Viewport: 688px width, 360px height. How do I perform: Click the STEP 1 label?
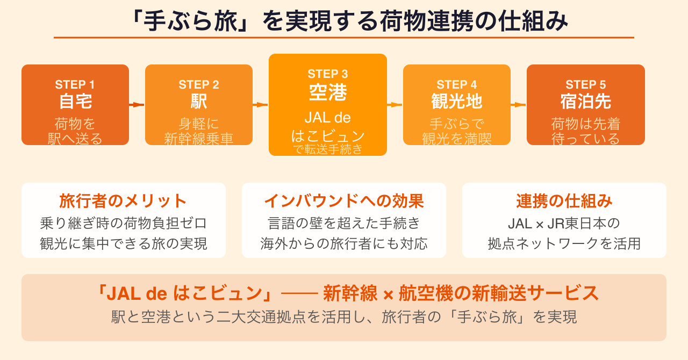75,85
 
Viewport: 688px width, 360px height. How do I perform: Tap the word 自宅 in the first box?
75,102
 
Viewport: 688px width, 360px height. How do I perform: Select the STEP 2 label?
198,85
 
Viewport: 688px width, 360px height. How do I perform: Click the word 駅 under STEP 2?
198,102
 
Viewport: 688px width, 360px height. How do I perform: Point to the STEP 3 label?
327,74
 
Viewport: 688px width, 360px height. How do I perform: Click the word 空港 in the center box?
327,93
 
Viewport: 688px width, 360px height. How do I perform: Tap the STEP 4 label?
456,85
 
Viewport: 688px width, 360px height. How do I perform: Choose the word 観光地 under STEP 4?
456,102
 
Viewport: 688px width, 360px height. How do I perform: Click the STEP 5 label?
585,85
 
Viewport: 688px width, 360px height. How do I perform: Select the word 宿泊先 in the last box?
585,102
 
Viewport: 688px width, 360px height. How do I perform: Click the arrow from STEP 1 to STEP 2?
137,105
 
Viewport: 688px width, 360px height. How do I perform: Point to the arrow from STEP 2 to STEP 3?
261,105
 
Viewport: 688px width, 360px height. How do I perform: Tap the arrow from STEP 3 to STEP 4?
395,105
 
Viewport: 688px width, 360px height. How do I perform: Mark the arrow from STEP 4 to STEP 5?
519,105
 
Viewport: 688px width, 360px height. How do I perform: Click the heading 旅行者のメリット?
123,201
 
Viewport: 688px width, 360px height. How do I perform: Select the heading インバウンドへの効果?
343,201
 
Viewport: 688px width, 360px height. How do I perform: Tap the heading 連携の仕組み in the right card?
564,201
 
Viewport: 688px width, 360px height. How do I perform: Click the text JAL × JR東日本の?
564,222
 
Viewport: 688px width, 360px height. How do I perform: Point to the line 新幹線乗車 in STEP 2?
198,139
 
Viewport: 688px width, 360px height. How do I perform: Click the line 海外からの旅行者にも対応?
343,243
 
